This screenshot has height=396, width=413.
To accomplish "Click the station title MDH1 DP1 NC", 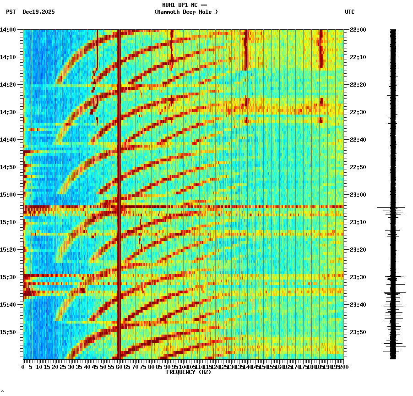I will pyautogui.click(x=185, y=5).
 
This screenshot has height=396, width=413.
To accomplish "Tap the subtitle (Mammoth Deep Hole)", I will pyautogui.click(x=186, y=12).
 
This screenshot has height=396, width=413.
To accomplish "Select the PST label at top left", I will pyautogui.click(x=11, y=12).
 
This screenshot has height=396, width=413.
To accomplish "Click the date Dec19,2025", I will pyautogui.click(x=38, y=12).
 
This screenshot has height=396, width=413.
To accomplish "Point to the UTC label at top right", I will pyautogui.click(x=350, y=12).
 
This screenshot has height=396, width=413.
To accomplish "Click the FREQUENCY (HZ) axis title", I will pyautogui.click(x=189, y=372).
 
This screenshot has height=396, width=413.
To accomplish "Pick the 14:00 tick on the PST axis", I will pyautogui.click(x=8, y=30).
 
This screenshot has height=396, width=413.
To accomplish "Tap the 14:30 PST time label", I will pyautogui.click(x=8, y=112).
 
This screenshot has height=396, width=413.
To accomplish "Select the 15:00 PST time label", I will pyautogui.click(x=8, y=195).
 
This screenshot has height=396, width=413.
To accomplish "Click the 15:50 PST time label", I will pyautogui.click(x=8, y=332).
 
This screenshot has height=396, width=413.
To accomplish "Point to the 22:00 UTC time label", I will pyautogui.click(x=357, y=30).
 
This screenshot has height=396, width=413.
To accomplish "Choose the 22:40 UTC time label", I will pyautogui.click(x=357, y=140).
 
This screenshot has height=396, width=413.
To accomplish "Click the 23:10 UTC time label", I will pyautogui.click(x=357, y=222).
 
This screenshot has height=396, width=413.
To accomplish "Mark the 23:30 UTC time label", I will pyautogui.click(x=357, y=277).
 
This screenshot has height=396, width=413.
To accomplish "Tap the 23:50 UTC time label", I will pyautogui.click(x=357, y=332).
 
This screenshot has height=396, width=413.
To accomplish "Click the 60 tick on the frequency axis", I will pyautogui.click(x=119, y=367).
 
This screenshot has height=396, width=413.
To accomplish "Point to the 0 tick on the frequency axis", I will pyautogui.click(x=23, y=367).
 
